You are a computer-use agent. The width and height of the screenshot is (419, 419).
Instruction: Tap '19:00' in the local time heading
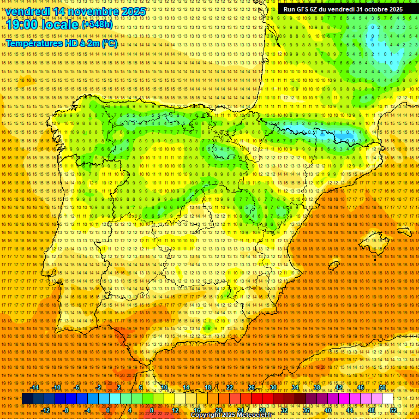(x=23, y=25)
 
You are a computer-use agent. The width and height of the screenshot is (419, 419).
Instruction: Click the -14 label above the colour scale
(x=35, y=387)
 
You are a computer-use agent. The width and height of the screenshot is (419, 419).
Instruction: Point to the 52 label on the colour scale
(x=393, y=410)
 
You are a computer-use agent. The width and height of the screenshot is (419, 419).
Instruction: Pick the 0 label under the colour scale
(x=109, y=410)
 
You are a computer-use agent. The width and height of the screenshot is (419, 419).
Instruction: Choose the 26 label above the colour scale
(x=251, y=387)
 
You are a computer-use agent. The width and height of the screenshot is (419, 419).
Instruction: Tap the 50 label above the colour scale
(x=382, y=387)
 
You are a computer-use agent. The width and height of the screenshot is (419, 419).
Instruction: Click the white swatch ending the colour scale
(x=387, y=399)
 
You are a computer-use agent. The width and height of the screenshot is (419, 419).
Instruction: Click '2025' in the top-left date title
(x=133, y=11)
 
